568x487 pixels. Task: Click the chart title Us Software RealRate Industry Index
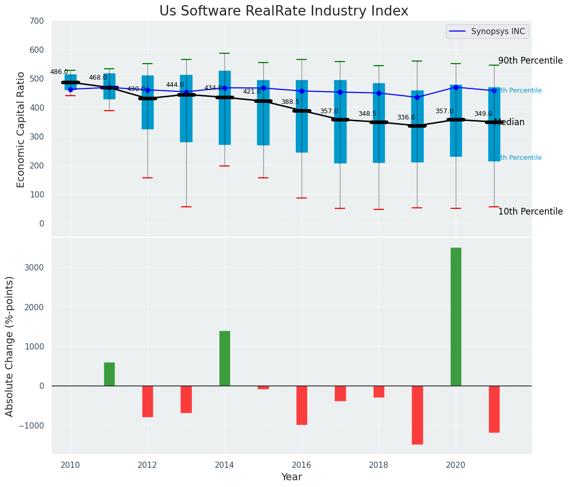click(x=283, y=11)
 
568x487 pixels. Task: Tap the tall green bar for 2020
click(x=456, y=316)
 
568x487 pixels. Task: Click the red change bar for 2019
click(x=417, y=415)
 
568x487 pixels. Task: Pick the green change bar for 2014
click(x=225, y=358)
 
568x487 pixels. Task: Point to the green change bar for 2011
click(x=109, y=374)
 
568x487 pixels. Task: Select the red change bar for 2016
click(x=302, y=405)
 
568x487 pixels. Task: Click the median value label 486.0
click(x=59, y=72)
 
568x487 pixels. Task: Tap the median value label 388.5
click(x=290, y=102)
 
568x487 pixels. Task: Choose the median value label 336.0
click(x=406, y=118)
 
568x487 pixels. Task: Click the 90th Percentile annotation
click(x=530, y=60)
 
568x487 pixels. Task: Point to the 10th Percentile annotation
click(x=530, y=211)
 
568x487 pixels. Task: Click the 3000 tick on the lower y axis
click(x=37, y=268)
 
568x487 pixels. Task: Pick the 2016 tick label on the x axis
click(x=302, y=465)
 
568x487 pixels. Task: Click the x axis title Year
click(x=291, y=477)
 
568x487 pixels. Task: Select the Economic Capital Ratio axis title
click(x=21, y=129)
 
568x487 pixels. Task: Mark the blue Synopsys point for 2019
click(x=417, y=97)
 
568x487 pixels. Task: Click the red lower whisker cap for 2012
click(x=147, y=178)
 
